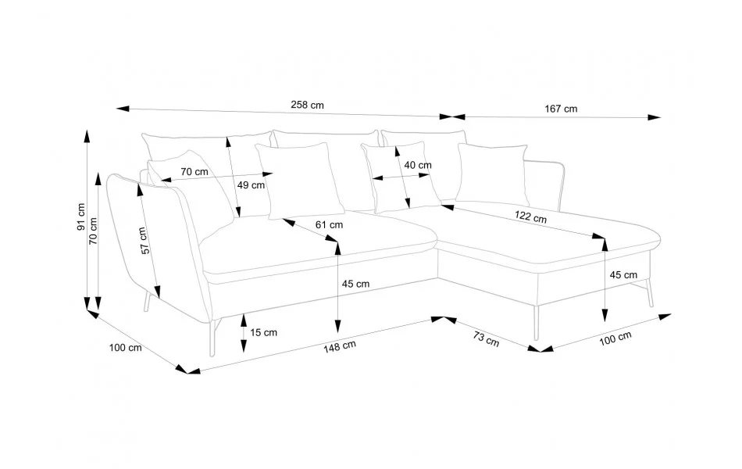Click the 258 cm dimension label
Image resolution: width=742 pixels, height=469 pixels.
[307, 105]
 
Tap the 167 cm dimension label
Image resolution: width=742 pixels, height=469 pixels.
[561, 109]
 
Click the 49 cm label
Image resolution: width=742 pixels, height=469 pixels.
[251, 185]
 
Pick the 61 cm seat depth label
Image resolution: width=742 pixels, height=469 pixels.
[329, 224]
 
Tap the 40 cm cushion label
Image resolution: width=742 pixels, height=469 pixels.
[418, 165]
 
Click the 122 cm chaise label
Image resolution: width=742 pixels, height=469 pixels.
[530, 217]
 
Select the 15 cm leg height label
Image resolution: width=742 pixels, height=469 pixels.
[264, 332]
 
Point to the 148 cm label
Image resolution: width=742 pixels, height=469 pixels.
[341, 344]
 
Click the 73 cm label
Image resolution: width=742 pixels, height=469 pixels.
[486, 338]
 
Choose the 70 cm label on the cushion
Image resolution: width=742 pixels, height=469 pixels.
[194, 171]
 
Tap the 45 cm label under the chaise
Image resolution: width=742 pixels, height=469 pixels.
[623, 275]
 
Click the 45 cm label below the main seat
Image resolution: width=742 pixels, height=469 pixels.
[355, 284]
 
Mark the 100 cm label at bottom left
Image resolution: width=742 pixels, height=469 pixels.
[126, 347]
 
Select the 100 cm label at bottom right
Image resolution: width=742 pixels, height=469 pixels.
[616, 338]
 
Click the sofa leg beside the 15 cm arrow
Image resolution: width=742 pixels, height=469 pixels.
[214, 336]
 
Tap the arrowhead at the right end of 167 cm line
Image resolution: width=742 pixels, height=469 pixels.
[655, 118]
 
